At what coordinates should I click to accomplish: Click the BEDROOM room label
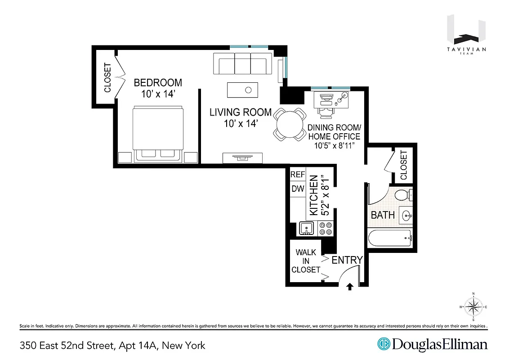158,83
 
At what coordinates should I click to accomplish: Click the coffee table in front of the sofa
242,90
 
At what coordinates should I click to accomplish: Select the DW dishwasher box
298,189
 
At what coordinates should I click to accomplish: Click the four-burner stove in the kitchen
326,229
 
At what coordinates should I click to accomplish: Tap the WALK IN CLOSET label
306,261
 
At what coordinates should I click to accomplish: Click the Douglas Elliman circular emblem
384,344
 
